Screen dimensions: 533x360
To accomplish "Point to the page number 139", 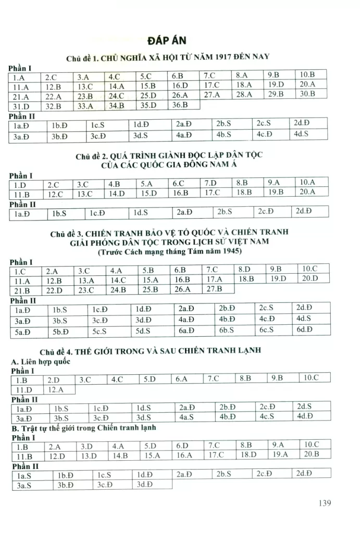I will (x=324, y=503).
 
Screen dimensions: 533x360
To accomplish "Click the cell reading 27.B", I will (x=214, y=288).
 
